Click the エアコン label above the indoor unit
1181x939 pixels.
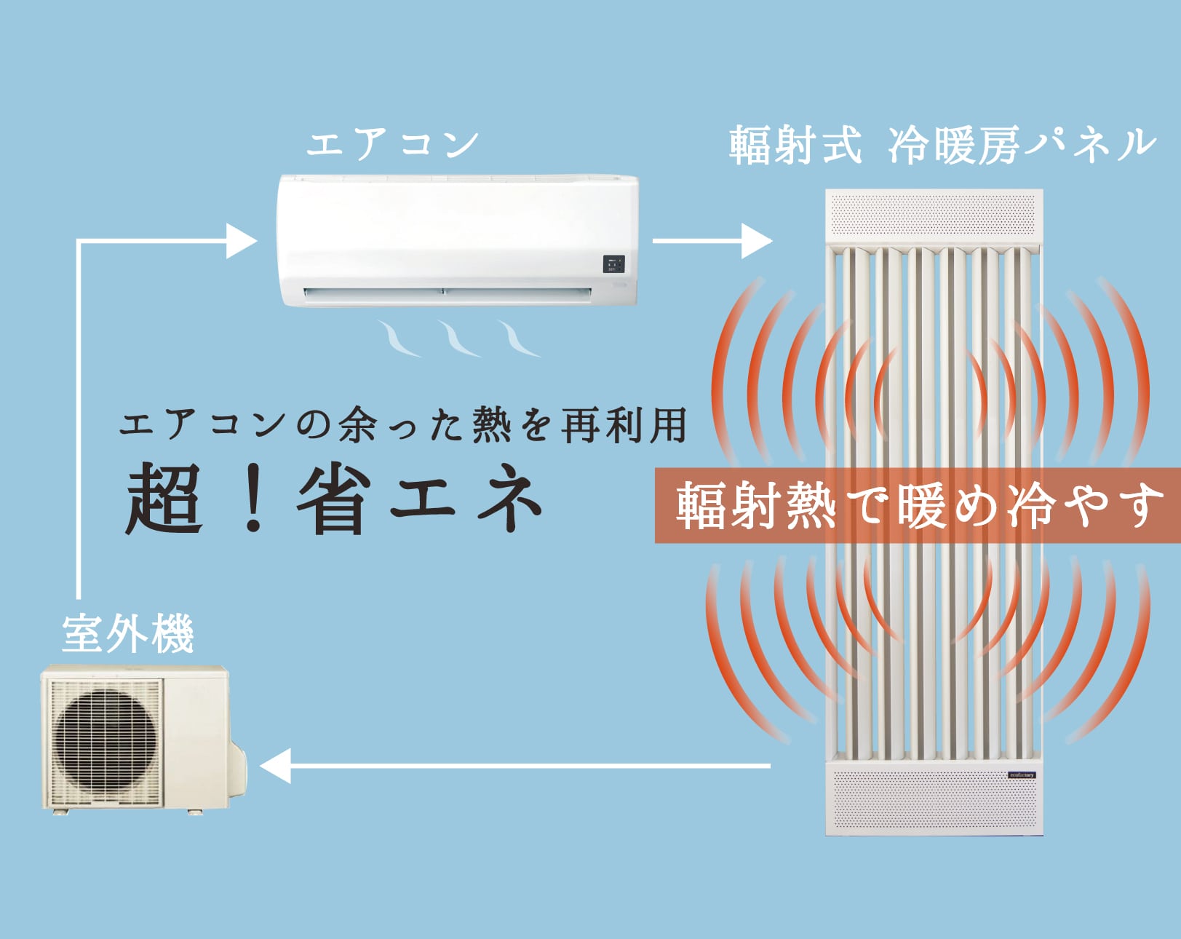(x=392, y=143)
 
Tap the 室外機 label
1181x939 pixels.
(x=128, y=635)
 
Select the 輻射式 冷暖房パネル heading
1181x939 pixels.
(x=942, y=145)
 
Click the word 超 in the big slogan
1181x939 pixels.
(x=164, y=500)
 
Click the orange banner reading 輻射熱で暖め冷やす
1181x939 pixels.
(x=917, y=506)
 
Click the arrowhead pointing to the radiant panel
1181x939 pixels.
(x=757, y=240)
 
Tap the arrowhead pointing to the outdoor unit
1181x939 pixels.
(x=276, y=766)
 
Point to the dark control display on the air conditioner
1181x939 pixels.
(x=613, y=264)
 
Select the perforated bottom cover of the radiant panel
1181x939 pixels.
(x=934, y=799)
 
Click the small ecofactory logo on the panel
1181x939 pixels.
(x=1022, y=774)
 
